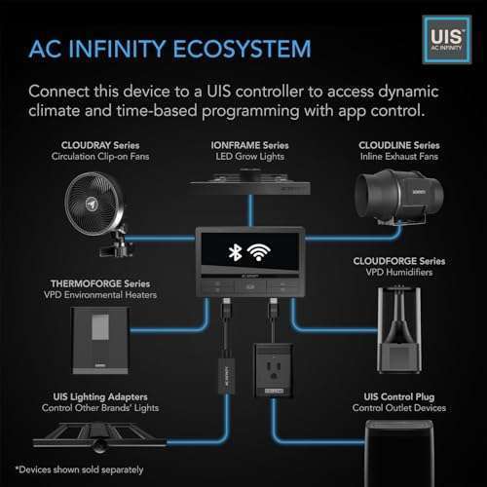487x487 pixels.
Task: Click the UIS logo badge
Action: [x=447, y=39]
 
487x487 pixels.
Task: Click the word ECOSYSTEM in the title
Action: [x=242, y=49]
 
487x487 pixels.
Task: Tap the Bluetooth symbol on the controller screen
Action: [x=235, y=253]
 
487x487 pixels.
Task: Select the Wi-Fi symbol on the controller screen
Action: [x=258, y=252]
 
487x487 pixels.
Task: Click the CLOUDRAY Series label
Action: [x=100, y=145]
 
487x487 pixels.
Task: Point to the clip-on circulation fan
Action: [x=96, y=212]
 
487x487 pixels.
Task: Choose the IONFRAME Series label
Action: [x=249, y=145]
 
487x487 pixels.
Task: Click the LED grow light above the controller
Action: [x=250, y=182]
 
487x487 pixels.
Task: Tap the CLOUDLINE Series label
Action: [x=399, y=145]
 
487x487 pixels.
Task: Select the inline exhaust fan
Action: [x=398, y=197]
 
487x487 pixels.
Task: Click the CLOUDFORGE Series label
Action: [x=399, y=261]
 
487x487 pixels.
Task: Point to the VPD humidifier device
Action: [x=399, y=329]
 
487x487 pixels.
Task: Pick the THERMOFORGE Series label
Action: [x=100, y=283]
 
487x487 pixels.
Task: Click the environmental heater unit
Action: [x=100, y=341]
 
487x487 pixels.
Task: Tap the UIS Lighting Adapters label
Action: [x=100, y=396]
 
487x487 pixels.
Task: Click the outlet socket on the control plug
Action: [x=274, y=370]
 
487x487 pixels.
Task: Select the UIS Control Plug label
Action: [x=399, y=396]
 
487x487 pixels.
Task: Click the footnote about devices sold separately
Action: [x=80, y=469]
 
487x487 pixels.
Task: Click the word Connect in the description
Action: [x=58, y=92]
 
